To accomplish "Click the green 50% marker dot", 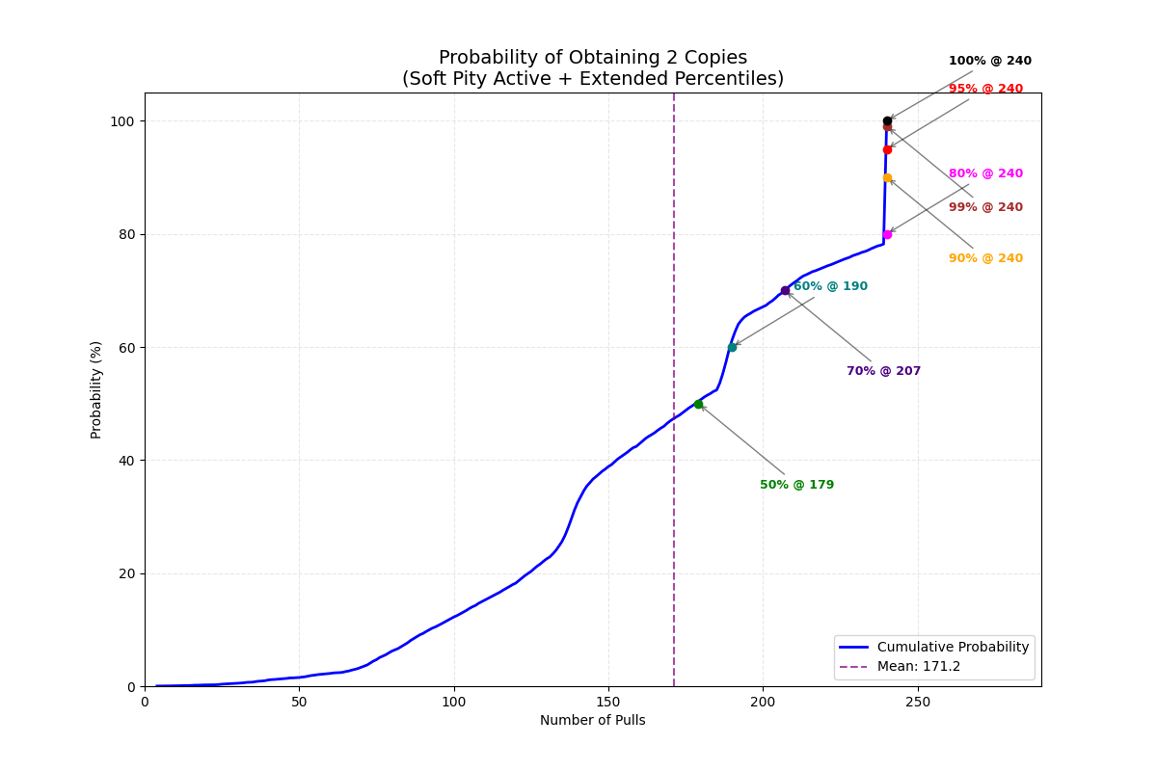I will click(698, 404).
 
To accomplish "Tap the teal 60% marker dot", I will click(732, 347).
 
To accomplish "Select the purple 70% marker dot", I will click(785, 290).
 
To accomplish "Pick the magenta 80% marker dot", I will click(887, 234).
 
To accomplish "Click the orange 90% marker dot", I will click(887, 177).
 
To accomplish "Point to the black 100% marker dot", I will click(887, 121).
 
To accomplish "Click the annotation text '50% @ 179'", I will click(796, 485).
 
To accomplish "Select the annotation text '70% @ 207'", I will click(883, 371).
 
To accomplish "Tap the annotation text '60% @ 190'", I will click(830, 286).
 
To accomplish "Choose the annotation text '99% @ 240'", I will click(985, 207).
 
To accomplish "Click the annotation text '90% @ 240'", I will click(985, 258).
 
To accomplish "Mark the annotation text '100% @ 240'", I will click(989, 61).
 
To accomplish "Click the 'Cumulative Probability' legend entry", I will click(953, 648).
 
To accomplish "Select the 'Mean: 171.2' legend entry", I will click(918, 667).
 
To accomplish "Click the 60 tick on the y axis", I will click(127, 347).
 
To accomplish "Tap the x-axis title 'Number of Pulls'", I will click(592, 721).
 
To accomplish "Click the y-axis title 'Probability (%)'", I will click(96, 389).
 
